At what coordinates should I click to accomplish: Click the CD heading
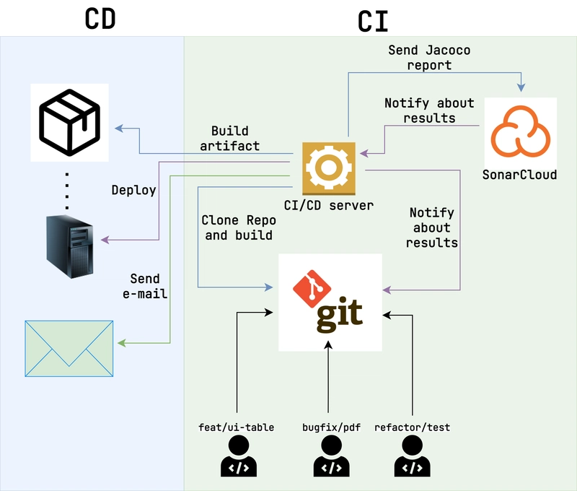point(100,19)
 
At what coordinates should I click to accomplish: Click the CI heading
point(373,22)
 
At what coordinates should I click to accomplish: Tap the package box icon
point(69,122)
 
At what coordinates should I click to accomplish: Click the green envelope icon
point(70,349)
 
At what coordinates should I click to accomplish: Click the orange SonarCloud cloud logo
point(521,131)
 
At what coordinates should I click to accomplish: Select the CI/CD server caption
point(329,205)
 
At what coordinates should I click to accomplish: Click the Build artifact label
point(231,138)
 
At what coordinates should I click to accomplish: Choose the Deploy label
point(133,190)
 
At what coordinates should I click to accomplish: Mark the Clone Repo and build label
point(237,227)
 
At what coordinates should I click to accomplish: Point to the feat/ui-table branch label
point(236,427)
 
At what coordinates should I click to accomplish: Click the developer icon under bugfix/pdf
point(331,457)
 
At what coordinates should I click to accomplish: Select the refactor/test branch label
point(412,427)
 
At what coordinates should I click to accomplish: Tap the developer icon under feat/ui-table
point(237,457)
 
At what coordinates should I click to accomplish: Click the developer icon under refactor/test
point(412,457)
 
